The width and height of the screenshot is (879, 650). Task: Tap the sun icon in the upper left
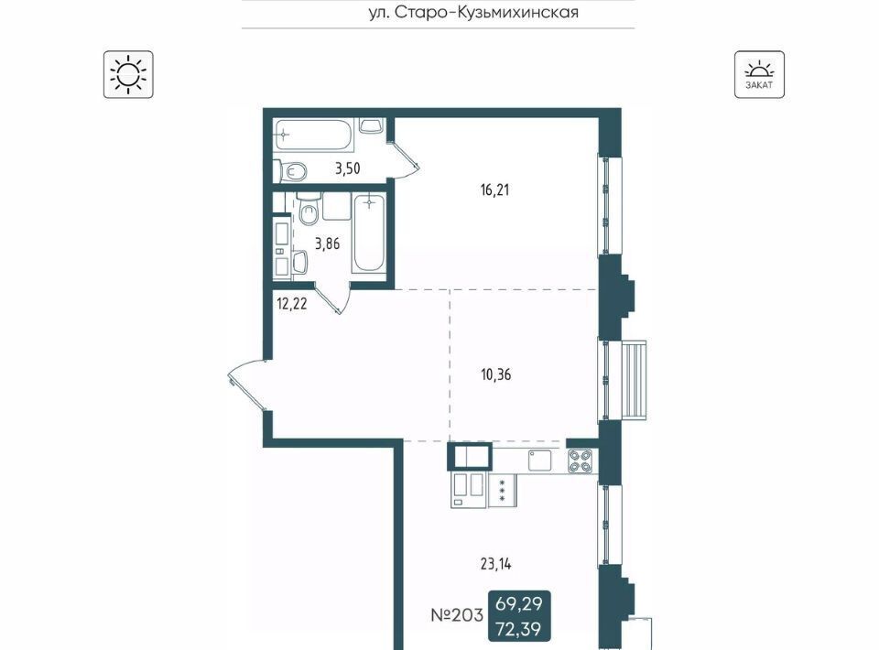(128, 74)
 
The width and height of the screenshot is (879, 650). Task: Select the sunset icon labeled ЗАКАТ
(759, 74)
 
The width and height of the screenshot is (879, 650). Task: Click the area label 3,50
(348, 168)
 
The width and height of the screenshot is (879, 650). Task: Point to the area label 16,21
(494, 190)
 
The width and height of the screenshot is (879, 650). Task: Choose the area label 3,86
(328, 244)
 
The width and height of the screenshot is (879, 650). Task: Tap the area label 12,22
(292, 304)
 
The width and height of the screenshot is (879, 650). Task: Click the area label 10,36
(496, 374)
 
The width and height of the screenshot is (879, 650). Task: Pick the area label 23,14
(496, 564)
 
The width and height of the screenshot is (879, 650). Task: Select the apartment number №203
(457, 615)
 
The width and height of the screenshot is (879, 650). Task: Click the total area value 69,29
(519, 604)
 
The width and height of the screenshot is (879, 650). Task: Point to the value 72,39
(519, 629)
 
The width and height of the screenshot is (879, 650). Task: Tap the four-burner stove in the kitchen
(581, 461)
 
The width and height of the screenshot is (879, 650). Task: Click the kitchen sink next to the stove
(540, 460)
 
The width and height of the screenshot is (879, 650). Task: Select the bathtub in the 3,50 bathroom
(314, 135)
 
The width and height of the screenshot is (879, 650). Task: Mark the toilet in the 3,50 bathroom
(290, 171)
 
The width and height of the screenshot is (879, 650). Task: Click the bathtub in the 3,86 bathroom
(369, 233)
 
